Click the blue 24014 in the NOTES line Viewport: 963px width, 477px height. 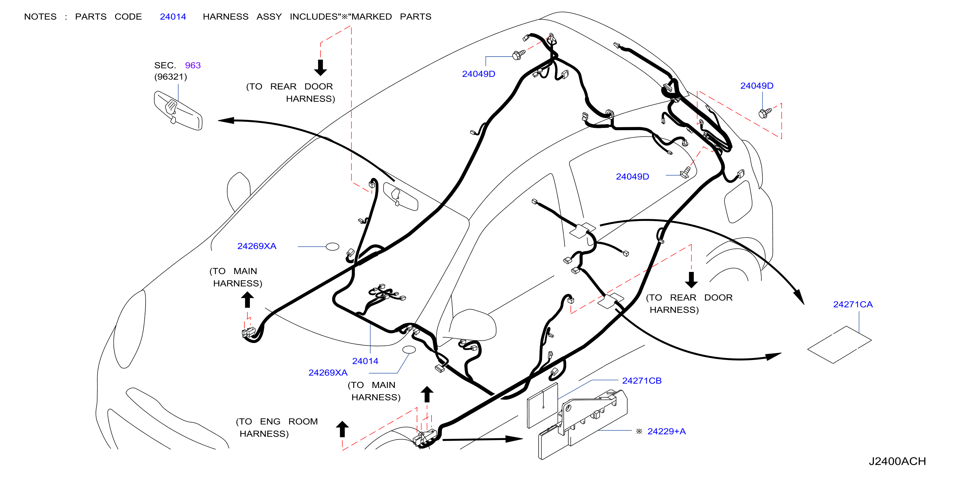tap(173, 17)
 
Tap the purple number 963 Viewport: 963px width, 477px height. tap(193, 66)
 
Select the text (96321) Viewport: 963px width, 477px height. tap(170, 76)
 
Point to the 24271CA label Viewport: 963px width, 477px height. tap(853, 304)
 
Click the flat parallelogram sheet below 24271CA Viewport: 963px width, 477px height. tap(839, 344)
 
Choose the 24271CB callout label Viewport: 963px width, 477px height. tap(641, 381)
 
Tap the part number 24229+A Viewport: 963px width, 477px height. tap(667, 431)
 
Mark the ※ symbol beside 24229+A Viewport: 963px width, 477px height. tap(639, 431)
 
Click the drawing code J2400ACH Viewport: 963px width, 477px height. tap(897, 461)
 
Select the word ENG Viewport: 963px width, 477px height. tap(270, 422)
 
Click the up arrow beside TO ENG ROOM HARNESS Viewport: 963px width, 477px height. tap(342, 429)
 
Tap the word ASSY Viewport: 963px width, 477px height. tap(269, 17)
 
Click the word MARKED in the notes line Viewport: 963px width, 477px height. tap(372, 17)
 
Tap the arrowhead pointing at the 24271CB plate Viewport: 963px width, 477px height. tap(514, 439)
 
